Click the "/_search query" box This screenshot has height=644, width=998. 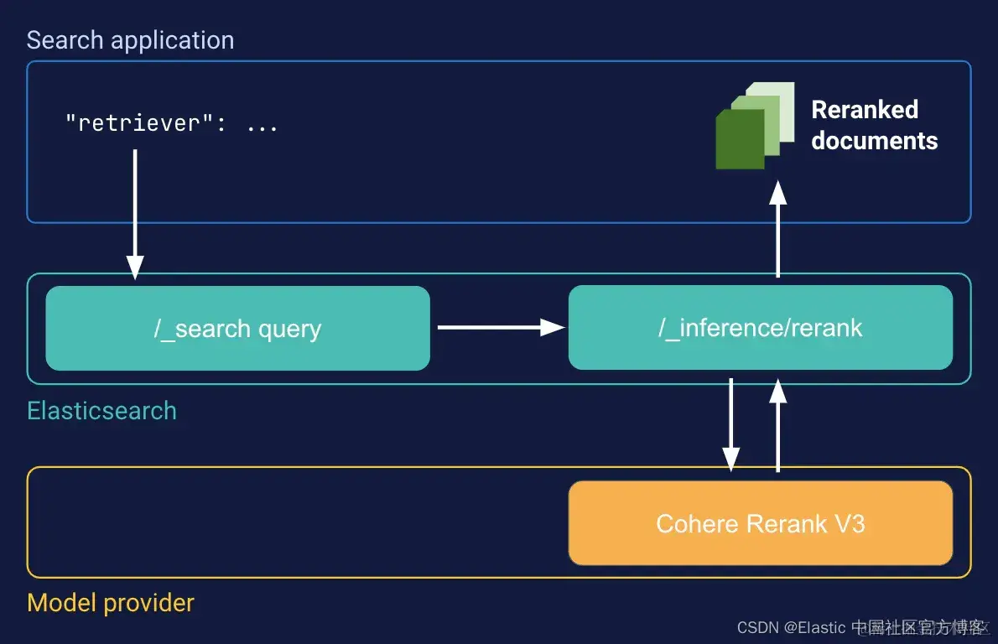click(237, 328)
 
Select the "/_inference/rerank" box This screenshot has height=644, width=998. click(760, 328)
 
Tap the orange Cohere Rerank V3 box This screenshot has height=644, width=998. click(760, 523)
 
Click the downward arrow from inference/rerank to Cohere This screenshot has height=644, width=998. click(731, 424)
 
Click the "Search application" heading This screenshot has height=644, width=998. click(130, 40)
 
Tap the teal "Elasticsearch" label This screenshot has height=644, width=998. click(101, 411)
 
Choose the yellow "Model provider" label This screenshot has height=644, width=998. click(110, 602)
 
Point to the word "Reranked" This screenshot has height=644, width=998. click(865, 110)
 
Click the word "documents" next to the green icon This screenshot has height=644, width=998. click(874, 140)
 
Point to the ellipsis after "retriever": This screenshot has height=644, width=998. click(262, 124)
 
